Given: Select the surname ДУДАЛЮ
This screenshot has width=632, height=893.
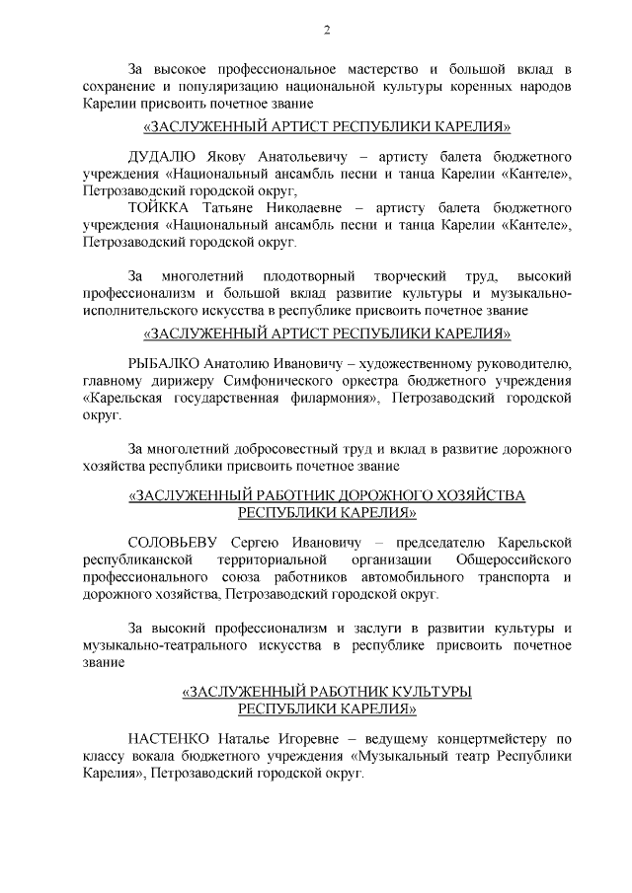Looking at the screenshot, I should [162, 157].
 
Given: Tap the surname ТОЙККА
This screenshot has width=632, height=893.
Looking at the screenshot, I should [162, 208].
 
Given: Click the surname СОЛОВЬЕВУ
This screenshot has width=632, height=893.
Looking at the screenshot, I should [175, 544].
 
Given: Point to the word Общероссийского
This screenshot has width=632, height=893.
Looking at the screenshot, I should [513, 560].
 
